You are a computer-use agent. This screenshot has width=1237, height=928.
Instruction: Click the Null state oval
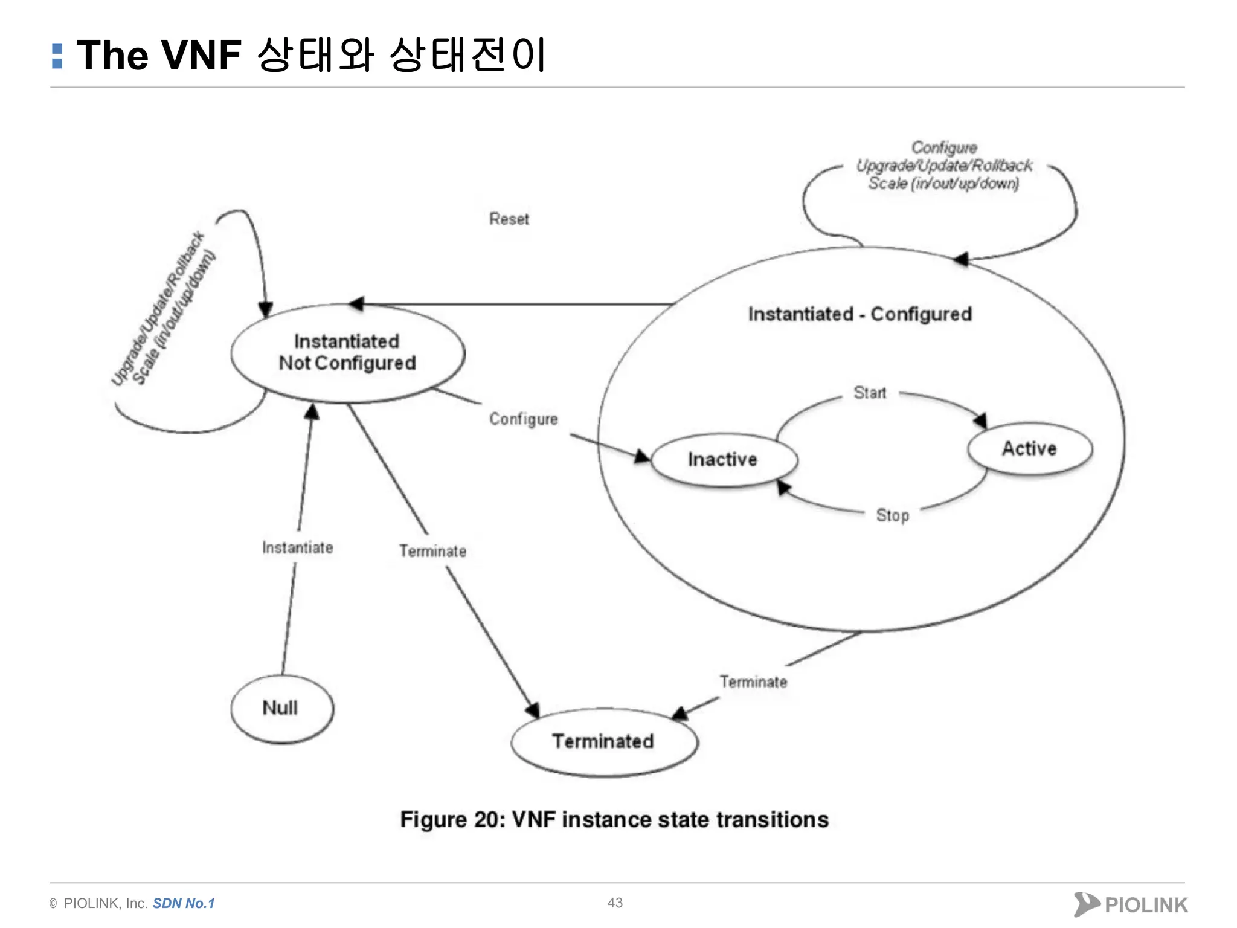click(281, 708)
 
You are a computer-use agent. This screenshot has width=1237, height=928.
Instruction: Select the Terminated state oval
click(603, 741)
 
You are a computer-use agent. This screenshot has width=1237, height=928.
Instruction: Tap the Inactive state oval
click(723, 460)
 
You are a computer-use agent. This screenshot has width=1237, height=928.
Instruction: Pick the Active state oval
click(1030, 449)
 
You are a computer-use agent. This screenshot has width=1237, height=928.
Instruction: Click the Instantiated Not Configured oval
click(347, 353)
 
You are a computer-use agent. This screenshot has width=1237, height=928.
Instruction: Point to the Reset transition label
click(509, 219)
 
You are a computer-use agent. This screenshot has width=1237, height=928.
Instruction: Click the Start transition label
click(870, 393)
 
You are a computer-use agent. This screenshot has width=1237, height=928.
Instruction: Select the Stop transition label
click(892, 515)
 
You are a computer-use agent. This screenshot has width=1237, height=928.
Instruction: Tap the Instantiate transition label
click(298, 547)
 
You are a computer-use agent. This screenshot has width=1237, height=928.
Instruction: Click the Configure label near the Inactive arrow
click(523, 419)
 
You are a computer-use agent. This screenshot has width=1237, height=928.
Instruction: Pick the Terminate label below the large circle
click(753, 682)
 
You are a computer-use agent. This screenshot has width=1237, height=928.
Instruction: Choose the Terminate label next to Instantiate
click(432, 551)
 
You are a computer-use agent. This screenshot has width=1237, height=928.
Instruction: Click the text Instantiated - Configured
click(859, 314)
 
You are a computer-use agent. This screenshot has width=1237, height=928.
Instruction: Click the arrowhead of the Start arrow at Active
click(981, 421)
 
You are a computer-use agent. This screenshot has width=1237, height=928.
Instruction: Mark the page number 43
click(615, 903)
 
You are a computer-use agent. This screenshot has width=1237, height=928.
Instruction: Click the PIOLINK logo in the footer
click(1131, 904)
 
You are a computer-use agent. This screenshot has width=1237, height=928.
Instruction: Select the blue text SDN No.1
click(184, 903)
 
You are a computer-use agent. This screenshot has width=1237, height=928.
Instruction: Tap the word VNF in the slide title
click(202, 56)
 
